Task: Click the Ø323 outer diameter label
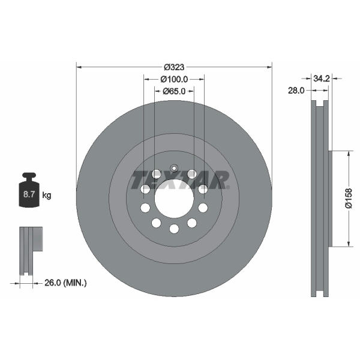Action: coord(174,67)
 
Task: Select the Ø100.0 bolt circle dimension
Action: coord(174,79)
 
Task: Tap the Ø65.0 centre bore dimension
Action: coord(174,91)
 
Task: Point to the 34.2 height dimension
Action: coord(322,79)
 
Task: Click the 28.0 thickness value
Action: coord(296,91)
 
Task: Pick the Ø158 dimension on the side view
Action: coord(349,199)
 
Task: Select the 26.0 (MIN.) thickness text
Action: coord(65,283)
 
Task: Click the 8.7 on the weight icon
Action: coord(29,194)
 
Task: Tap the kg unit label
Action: coord(47,196)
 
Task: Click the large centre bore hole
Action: coord(174,199)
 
